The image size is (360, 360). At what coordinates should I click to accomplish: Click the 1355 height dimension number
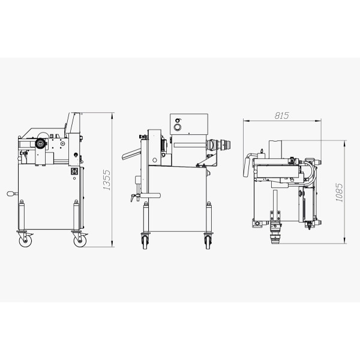(107, 180)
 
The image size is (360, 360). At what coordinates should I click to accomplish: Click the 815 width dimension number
(282, 115)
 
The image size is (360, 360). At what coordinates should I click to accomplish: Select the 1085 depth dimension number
(339, 193)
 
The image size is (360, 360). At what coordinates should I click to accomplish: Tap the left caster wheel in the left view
(25, 241)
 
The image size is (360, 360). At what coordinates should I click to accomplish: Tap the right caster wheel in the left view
(80, 241)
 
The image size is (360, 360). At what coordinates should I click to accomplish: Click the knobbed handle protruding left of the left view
(12, 194)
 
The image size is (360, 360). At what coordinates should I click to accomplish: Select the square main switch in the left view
(74, 170)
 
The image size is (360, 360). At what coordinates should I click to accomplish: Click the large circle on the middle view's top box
(177, 127)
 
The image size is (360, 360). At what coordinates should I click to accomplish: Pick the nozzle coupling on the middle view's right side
(219, 145)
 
